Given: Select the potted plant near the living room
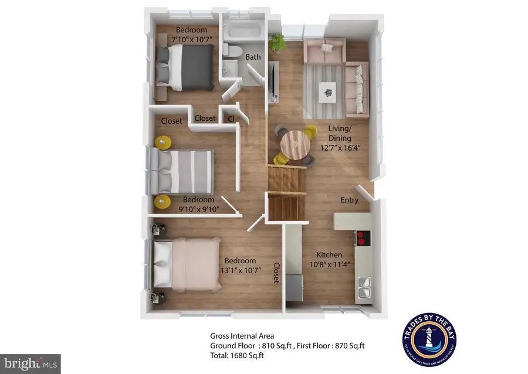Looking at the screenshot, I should pyautogui.click(x=276, y=42).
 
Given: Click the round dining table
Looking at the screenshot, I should pyautogui.click(x=295, y=142).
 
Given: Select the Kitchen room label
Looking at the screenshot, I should pyautogui.click(x=329, y=255).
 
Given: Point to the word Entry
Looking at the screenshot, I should pyautogui.click(x=350, y=200).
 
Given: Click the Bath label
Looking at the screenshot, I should pyautogui.click(x=253, y=57).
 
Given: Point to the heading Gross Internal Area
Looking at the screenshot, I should pyautogui.click(x=241, y=336).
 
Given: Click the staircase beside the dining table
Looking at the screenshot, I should pyautogui.click(x=287, y=193).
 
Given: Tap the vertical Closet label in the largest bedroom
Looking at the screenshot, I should pyautogui.click(x=276, y=273).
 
